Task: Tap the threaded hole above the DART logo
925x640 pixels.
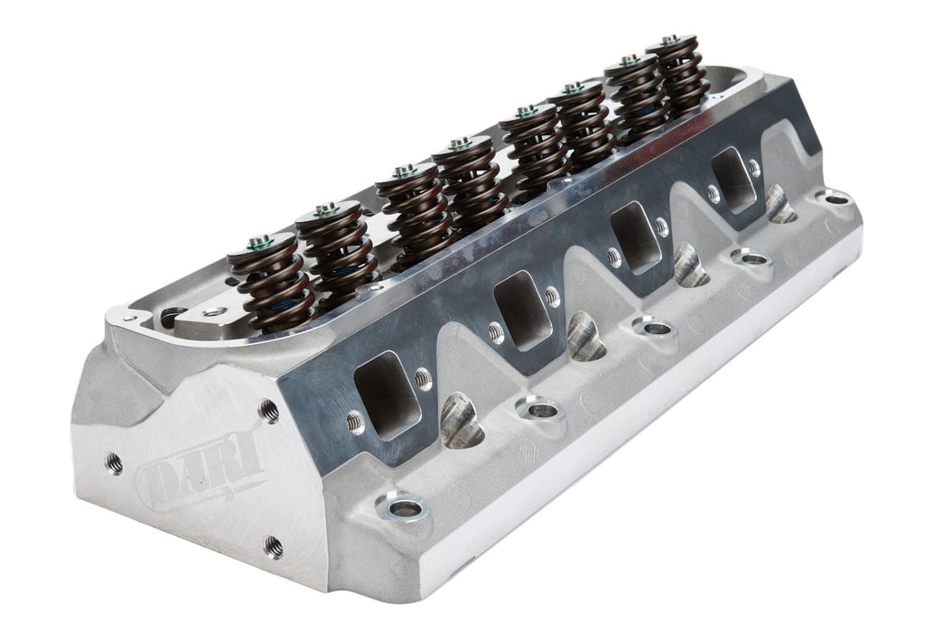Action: click(x=268, y=410)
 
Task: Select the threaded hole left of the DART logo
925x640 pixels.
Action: click(x=114, y=463)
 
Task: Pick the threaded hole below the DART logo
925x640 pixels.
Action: click(x=273, y=546)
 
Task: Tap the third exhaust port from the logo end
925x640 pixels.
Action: click(x=637, y=237)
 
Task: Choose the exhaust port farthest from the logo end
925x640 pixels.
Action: click(x=733, y=179)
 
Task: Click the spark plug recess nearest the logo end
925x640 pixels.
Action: click(x=461, y=422)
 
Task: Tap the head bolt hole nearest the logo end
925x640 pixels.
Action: click(x=405, y=508)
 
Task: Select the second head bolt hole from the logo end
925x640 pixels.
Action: click(x=542, y=411)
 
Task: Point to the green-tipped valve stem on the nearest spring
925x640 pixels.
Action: click(x=260, y=241)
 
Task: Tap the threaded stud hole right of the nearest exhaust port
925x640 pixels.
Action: click(x=423, y=378)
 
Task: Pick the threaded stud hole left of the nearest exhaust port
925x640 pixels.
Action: click(x=355, y=421)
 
